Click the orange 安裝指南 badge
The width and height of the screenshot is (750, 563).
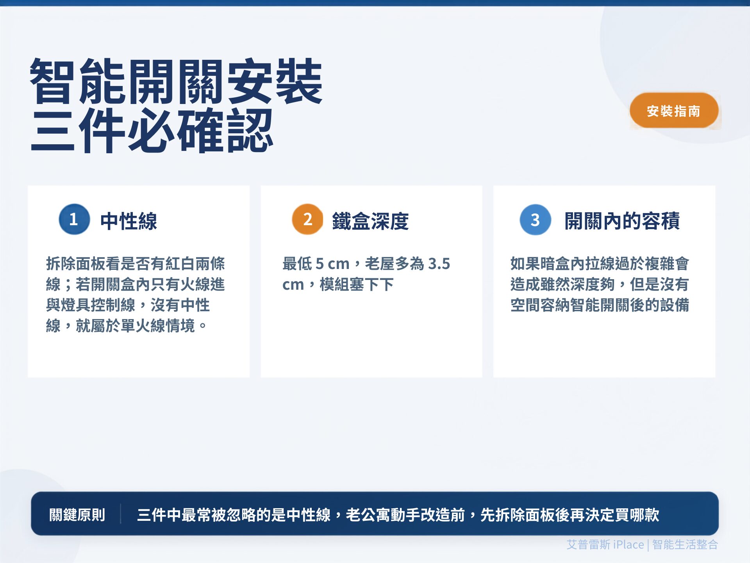(x=674, y=111)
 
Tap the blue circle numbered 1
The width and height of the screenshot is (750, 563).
(x=74, y=219)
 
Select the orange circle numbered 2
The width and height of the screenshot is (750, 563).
(x=308, y=219)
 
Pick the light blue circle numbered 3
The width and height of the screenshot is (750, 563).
(x=536, y=220)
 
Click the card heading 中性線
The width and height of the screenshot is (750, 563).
(x=129, y=221)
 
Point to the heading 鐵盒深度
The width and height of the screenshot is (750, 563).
(x=370, y=221)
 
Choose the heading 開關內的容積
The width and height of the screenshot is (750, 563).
(x=622, y=221)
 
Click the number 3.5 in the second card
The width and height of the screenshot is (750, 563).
(x=439, y=264)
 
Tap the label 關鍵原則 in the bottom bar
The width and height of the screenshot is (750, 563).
(x=77, y=515)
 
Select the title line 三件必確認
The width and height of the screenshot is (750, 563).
(x=152, y=131)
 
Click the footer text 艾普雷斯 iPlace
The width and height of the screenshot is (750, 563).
(x=605, y=545)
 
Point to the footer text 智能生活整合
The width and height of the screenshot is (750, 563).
(x=685, y=545)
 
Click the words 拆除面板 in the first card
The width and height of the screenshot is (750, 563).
(x=76, y=264)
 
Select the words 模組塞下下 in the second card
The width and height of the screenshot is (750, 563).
(x=357, y=285)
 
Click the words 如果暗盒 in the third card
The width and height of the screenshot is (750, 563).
(x=540, y=264)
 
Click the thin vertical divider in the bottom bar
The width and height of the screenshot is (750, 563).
(x=120, y=514)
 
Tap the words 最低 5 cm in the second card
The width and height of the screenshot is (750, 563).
(x=316, y=264)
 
